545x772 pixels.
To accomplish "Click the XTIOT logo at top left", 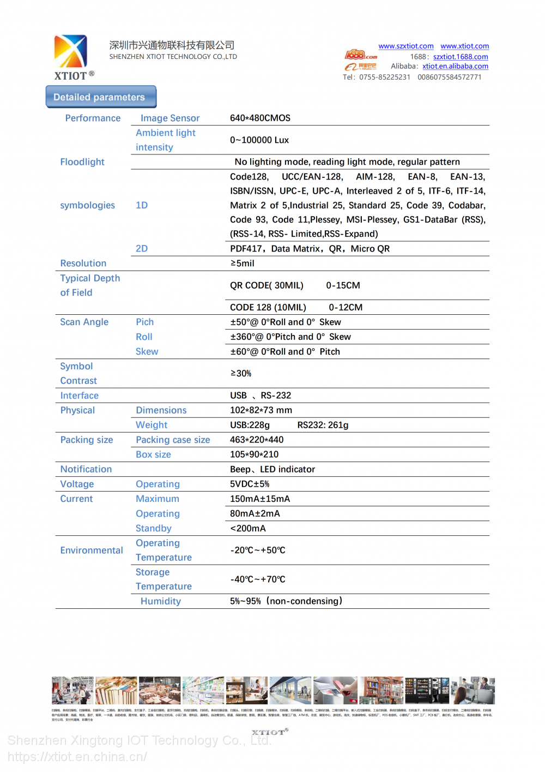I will [x=71, y=56].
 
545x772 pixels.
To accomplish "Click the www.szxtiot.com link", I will [x=406, y=46].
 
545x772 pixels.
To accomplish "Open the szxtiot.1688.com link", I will [x=461, y=57].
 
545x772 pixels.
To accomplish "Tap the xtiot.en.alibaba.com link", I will [x=455, y=67].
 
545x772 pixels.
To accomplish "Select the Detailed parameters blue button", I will [x=101, y=97].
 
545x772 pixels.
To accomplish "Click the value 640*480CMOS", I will [x=260, y=118].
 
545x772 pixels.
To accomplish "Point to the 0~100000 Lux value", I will [x=259, y=140].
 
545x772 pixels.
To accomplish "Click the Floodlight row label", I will [x=82, y=162].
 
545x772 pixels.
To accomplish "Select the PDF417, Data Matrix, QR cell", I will [x=310, y=249].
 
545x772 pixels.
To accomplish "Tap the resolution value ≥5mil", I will [x=242, y=264].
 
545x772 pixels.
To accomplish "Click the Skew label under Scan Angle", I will [x=147, y=352].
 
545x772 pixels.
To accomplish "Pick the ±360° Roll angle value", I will [x=290, y=337].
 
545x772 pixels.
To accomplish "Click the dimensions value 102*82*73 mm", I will [x=261, y=410].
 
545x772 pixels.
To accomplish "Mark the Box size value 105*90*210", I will [x=254, y=454].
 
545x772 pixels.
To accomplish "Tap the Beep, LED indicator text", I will [x=272, y=469].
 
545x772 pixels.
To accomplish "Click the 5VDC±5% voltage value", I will [x=250, y=484].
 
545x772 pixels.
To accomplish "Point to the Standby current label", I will [x=154, y=528].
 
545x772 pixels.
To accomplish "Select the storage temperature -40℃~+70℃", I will [x=258, y=579].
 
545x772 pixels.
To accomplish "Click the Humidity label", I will [x=161, y=601].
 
